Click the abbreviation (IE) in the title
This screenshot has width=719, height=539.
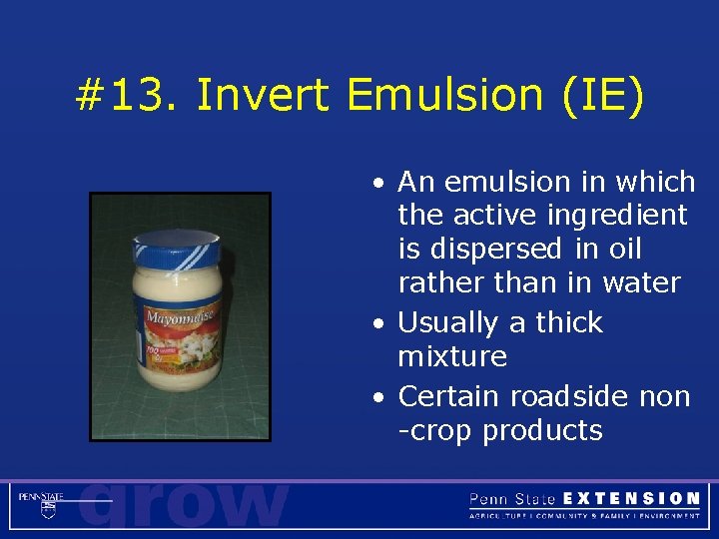coord(602,97)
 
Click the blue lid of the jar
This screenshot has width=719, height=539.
coord(176,245)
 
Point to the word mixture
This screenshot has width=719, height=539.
coord(452,356)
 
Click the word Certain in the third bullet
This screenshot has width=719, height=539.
coord(449,396)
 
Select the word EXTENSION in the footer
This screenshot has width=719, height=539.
coord(631,498)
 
